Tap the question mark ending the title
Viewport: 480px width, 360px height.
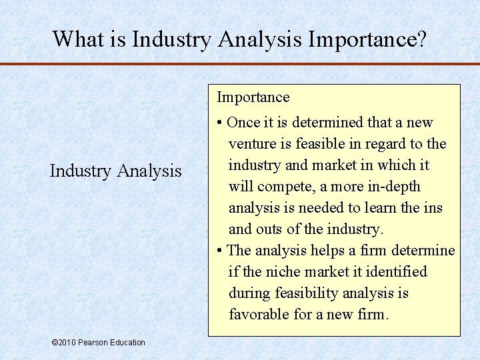point(421,39)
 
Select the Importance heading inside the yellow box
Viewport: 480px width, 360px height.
point(253,97)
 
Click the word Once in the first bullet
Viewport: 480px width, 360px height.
point(244,123)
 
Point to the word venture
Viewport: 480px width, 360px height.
point(252,144)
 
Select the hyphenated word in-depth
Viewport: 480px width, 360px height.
point(389,187)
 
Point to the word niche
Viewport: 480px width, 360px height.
point(283,272)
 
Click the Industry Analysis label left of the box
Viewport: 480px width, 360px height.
point(115,171)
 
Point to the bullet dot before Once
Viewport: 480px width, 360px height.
point(220,123)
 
